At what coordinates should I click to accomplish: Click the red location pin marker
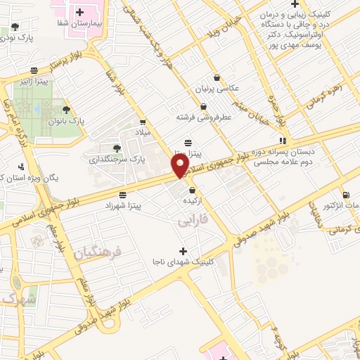click(181, 166)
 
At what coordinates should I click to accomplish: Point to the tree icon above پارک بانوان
click(66, 109)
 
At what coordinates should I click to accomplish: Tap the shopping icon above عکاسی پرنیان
click(216, 77)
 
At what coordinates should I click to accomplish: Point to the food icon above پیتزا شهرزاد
click(123, 194)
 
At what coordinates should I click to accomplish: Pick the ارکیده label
click(193, 201)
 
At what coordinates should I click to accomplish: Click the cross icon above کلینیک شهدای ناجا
click(183, 251)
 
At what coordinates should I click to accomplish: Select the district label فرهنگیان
click(97, 251)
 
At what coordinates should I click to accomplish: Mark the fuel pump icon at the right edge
click(345, 195)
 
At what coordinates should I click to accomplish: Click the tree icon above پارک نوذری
click(15, 27)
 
